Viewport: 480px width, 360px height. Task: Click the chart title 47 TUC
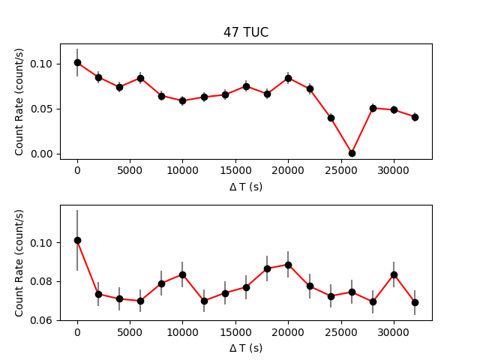tap(246, 33)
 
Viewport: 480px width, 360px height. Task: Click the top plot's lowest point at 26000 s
tap(352, 153)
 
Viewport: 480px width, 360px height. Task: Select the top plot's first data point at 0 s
tap(77, 62)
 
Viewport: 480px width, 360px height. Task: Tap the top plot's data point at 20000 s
tap(288, 78)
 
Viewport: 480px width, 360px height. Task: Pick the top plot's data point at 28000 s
tap(373, 108)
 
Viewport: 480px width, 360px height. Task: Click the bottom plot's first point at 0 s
tap(77, 240)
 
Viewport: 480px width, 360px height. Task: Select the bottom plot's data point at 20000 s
tap(288, 265)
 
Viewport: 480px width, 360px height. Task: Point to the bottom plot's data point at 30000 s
tap(394, 274)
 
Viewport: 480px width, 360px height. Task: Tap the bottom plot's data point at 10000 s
tap(182, 274)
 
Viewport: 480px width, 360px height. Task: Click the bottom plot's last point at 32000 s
tap(415, 302)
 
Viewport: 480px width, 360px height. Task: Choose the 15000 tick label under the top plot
tap(235, 170)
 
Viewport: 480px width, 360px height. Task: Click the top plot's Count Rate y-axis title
tap(20, 101)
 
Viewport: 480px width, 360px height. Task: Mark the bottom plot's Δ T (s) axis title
tap(246, 348)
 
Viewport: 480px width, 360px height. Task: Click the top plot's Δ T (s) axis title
tap(246, 187)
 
